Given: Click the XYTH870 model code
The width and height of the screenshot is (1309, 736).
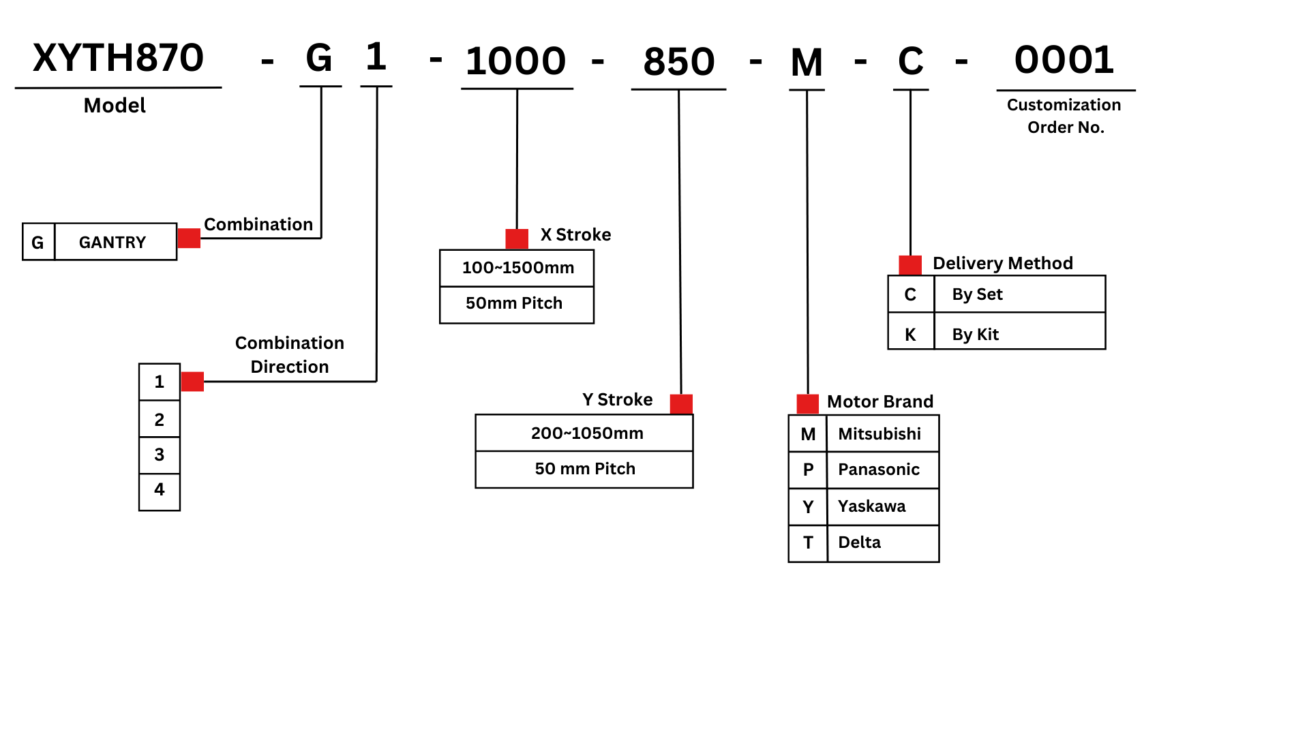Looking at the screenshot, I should [118, 58].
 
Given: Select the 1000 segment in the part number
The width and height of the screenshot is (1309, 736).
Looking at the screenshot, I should [515, 61].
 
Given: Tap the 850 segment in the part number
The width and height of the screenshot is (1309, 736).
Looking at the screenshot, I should [678, 62].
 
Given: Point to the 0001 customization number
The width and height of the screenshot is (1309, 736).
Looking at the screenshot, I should [1064, 60].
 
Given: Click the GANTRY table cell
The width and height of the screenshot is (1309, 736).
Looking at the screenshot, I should [113, 243].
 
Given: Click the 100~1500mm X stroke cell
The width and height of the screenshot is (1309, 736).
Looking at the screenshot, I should [517, 268].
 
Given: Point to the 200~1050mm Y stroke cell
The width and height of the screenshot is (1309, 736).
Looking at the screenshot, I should [586, 433].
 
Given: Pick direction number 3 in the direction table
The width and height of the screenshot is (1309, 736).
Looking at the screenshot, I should [160, 455].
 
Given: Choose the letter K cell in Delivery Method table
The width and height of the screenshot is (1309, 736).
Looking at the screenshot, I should [910, 335].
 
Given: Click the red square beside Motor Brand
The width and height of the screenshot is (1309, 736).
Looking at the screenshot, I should [808, 403].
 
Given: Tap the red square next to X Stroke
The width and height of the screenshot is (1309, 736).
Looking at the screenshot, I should [517, 239].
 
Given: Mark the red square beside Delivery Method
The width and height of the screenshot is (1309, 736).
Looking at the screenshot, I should [910, 264].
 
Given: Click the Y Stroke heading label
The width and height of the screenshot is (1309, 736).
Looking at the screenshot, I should [617, 399].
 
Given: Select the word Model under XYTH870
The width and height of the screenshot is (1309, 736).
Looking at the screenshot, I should [115, 106].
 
